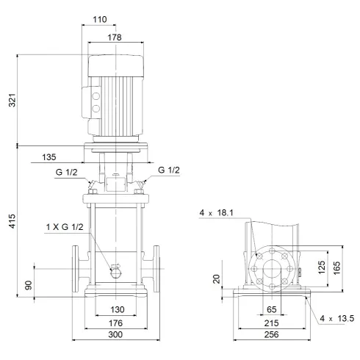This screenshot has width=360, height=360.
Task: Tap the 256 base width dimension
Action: [x=270, y=335]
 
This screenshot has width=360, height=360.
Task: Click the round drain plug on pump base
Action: [x=116, y=273]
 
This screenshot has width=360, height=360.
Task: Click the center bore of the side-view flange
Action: [x=270, y=267]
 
